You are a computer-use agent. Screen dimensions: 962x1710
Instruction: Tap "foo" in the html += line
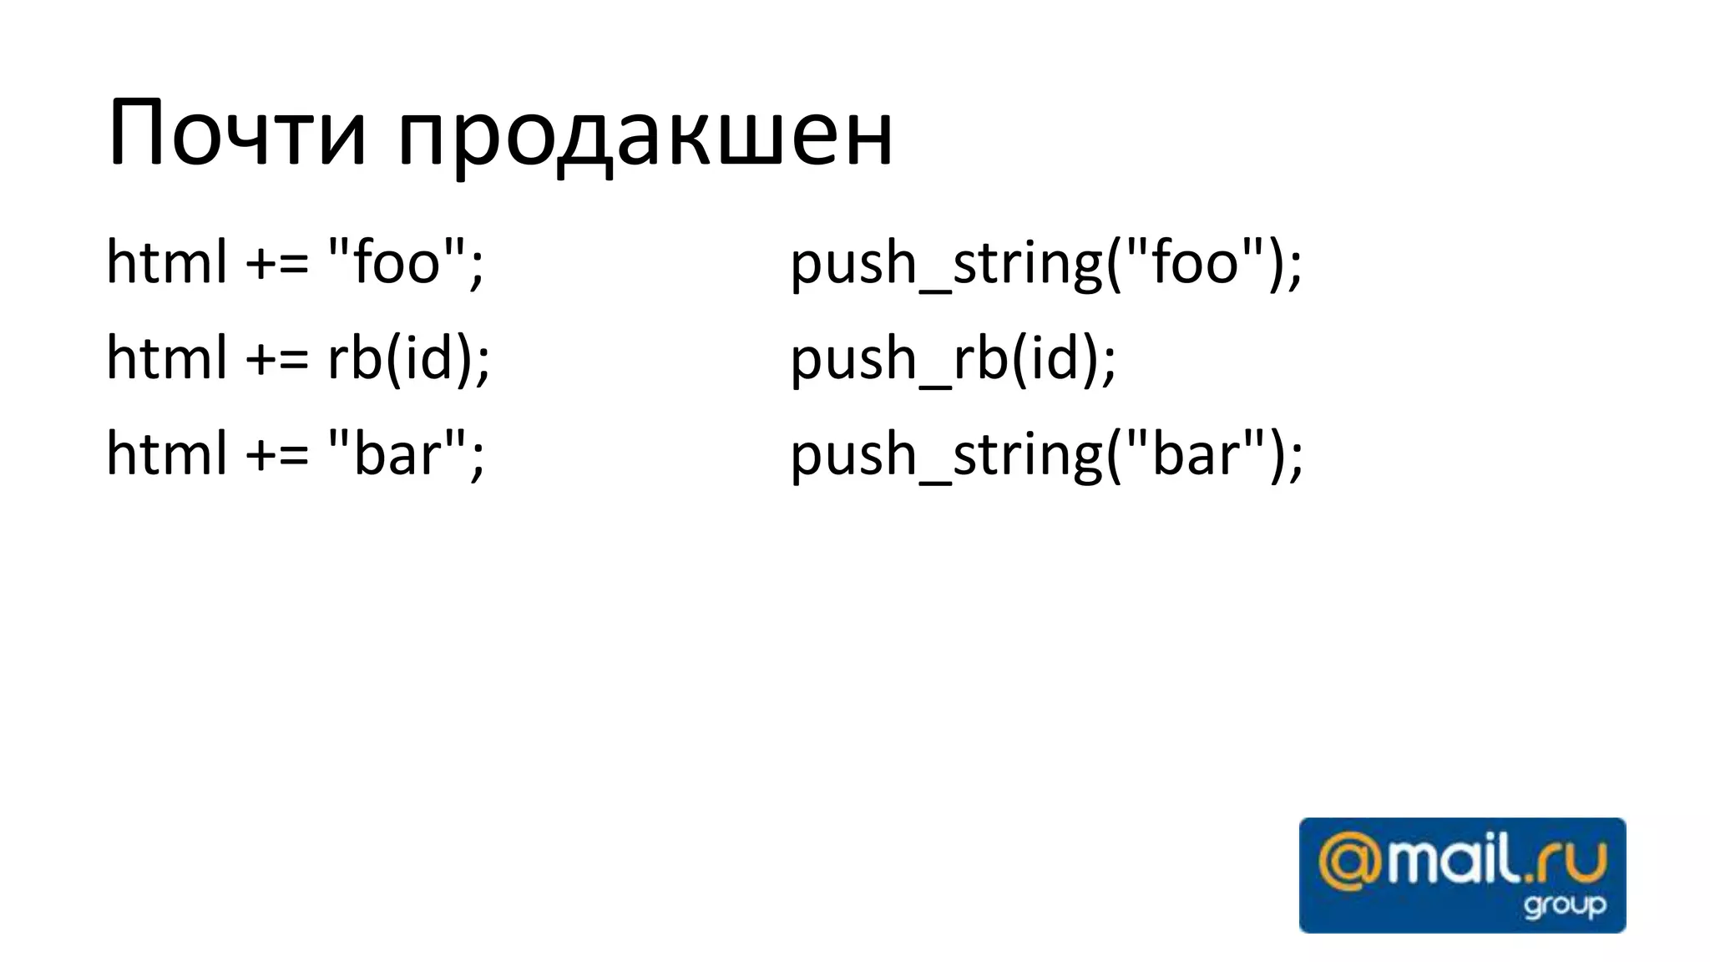point(397,261)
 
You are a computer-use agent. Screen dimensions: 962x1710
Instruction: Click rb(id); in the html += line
point(408,357)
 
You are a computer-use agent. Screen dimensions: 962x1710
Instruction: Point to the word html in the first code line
point(166,262)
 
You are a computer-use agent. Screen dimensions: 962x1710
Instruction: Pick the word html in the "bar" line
point(166,453)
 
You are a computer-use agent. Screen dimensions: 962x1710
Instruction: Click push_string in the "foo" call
point(945,264)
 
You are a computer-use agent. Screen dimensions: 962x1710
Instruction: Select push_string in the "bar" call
point(945,456)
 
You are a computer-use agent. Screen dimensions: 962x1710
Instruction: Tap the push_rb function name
point(898,359)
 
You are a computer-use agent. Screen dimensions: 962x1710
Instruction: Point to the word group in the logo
point(1565,906)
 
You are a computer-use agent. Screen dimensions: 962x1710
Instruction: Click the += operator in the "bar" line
point(276,455)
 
